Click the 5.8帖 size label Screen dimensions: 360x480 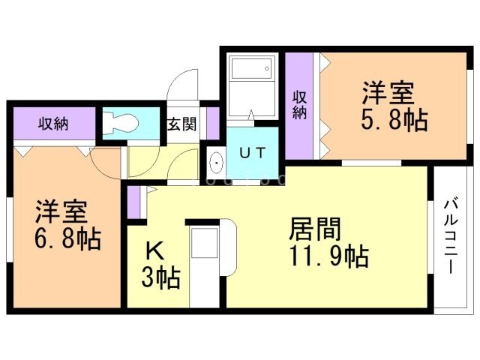394,121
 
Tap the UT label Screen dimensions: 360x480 251,152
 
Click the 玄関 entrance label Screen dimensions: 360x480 181,124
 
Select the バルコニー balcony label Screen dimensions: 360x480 451,235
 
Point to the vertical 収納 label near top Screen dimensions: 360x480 299,105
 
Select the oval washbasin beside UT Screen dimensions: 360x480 217,161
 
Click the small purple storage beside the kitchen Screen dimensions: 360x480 134,203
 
